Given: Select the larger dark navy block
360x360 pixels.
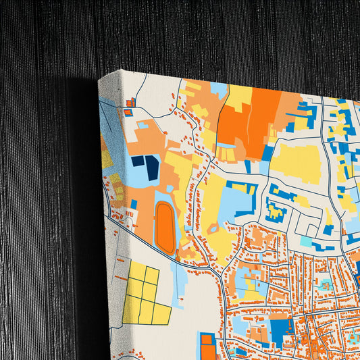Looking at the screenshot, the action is click(153, 167).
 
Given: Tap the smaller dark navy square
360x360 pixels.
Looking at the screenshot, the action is click(138, 161).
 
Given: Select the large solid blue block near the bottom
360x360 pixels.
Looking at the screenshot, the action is click(279, 330).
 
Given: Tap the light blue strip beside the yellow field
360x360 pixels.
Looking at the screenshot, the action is click(178, 284).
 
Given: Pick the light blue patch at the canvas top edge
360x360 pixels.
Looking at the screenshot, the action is click(218, 88).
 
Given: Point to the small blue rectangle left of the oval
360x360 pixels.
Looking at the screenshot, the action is click(134, 204).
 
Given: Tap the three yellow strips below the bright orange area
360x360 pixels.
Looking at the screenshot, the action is click(229, 153).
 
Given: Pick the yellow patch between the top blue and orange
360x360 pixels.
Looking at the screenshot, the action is click(238, 94).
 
